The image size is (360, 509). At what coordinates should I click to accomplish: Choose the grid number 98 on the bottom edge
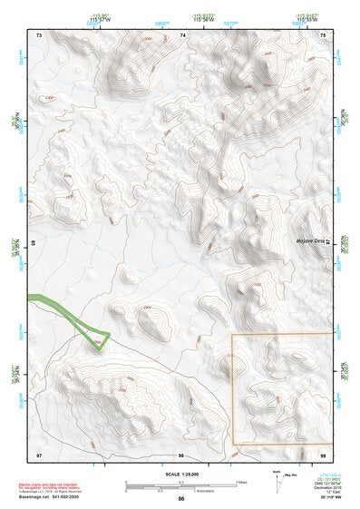[x=181, y=454]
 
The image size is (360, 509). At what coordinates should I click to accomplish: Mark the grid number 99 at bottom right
[x=324, y=454]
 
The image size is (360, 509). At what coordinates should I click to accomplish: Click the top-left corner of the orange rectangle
[x=232, y=334]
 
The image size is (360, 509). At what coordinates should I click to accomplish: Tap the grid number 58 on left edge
[x=34, y=244]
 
